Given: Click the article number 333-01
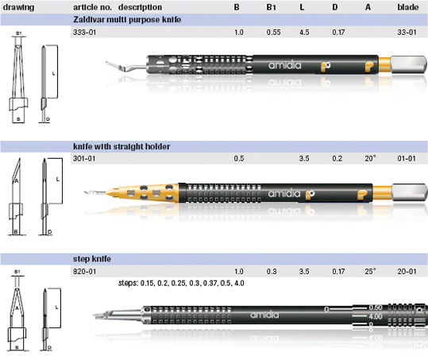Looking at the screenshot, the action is [x=84, y=33].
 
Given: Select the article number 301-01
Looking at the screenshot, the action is [x=84, y=158].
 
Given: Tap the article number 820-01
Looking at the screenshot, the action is [x=84, y=272].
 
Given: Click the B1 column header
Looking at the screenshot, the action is [x=271, y=7].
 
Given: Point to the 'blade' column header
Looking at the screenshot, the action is [x=408, y=7].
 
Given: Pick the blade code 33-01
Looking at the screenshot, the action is [x=407, y=33].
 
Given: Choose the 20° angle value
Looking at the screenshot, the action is [x=370, y=158].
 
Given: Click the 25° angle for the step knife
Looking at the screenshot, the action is [x=370, y=272].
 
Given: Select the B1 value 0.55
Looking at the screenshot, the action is [x=273, y=33].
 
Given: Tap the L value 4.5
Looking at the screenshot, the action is [x=304, y=33].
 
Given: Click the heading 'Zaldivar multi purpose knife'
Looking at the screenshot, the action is [x=127, y=20].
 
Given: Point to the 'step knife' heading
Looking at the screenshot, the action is [x=92, y=258].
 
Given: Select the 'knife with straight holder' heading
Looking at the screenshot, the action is [x=121, y=147].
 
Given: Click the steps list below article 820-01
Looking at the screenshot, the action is [x=181, y=283].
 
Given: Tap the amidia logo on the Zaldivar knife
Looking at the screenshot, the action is [x=285, y=65].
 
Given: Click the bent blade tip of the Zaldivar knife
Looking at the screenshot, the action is [x=114, y=66].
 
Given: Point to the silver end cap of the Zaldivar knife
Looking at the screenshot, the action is [x=409, y=64].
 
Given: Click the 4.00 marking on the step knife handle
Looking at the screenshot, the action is [x=376, y=316].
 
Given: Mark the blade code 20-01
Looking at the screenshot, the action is [x=407, y=272].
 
